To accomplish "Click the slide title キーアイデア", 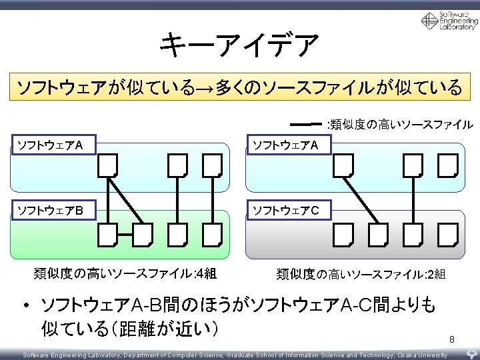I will point(239,45).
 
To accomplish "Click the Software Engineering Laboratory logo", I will point(449,21).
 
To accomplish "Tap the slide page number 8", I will point(451,341).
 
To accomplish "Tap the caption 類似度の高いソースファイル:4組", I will point(125,273).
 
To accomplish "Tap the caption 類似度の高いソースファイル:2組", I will point(361,273).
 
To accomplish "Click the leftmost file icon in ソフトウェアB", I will point(107,233).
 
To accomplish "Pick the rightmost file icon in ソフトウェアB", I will point(212,233).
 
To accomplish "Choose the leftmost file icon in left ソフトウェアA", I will point(107,165).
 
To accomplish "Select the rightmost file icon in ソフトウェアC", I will point(448,233).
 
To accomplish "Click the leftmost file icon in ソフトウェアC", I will point(343,233).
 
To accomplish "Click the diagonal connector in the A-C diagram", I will point(361,199).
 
